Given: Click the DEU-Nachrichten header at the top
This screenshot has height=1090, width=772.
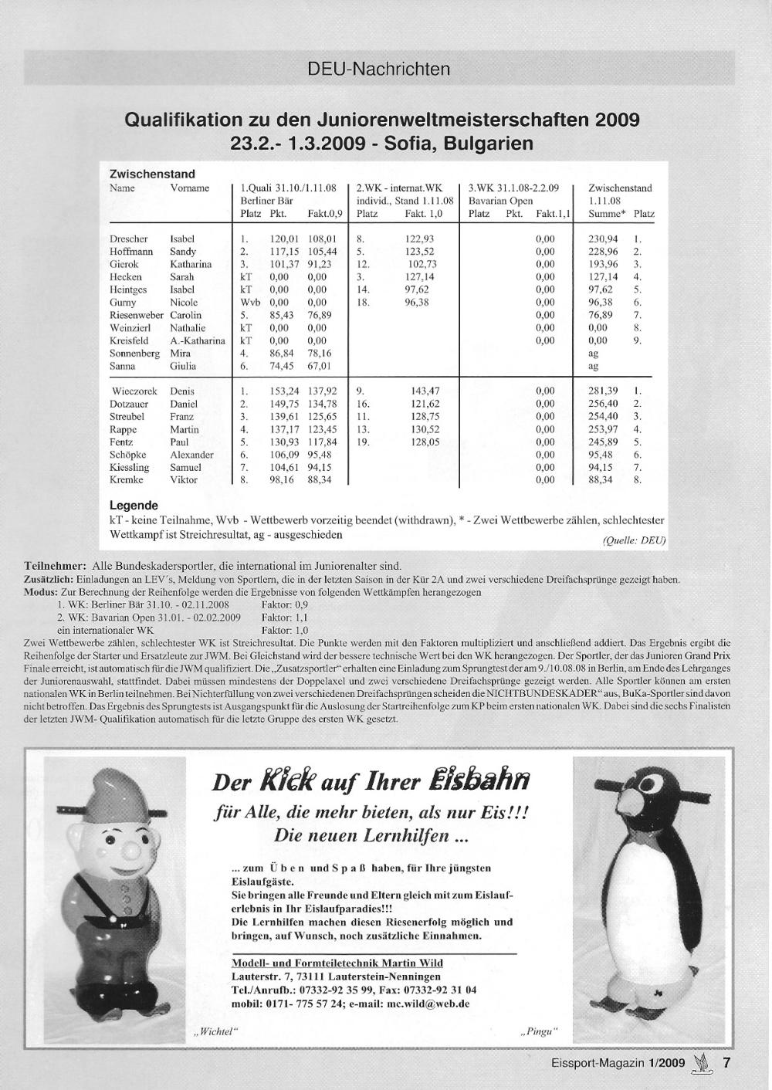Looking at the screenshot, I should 378,69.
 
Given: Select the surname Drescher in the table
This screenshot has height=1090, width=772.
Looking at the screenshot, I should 129,239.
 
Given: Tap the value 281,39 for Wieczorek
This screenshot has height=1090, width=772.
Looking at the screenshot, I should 603,391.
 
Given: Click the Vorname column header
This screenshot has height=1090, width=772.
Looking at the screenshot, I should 190,188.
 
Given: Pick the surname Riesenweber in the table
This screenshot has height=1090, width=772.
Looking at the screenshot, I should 137,315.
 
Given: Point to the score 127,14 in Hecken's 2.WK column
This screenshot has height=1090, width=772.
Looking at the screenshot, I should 419,277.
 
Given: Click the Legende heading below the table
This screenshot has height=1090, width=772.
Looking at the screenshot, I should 134,506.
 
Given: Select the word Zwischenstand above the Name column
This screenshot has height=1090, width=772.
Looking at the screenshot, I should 152,174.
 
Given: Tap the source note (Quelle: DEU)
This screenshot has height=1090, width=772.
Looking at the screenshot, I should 633,540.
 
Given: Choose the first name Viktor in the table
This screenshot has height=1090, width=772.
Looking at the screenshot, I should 184,480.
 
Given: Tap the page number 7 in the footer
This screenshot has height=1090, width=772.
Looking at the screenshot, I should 726,1062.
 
